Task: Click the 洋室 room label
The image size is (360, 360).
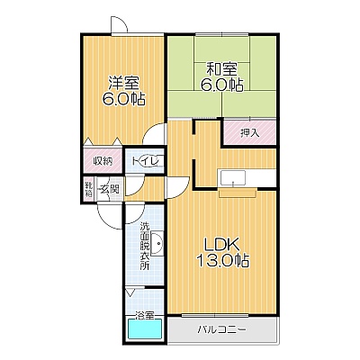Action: pyautogui.click(x=123, y=83)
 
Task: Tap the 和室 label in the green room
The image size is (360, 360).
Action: pyautogui.click(x=221, y=69)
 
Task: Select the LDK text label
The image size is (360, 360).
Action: pyautogui.click(x=221, y=244)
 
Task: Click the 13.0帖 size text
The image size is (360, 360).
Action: pyautogui.click(x=222, y=260)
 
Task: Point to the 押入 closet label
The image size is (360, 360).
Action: pyautogui.click(x=249, y=133)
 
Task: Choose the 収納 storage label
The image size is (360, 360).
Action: pyautogui.click(x=103, y=161)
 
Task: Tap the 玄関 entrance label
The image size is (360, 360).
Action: pyautogui.click(x=110, y=189)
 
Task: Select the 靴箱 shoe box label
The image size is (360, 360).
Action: pyautogui.click(x=88, y=189)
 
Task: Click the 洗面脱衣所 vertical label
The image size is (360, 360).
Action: pyautogui.click(x=145, y=246)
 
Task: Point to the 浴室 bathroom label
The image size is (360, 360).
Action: pyautogui.click(x=145, y=315)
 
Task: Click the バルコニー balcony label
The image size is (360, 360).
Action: pyautogui.click(x=221, y=330)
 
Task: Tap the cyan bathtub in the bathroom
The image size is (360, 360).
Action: pyautogui.click(x=145, y=329)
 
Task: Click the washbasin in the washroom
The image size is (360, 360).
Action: pyautogui.click(x=157, y=244)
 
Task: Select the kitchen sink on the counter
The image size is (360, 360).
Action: pyautogui.click(x=233, y=178)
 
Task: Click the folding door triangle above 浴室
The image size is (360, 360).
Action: pyautogui.click(x=130, y=292)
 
